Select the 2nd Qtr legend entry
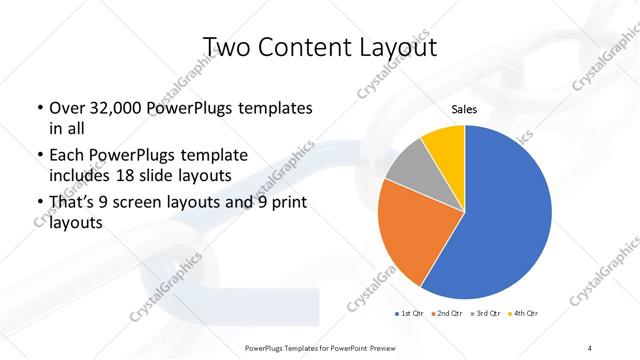pyautogui.click(x=446, y=314)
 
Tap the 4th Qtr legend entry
pyautogui.click(x=524, y=314)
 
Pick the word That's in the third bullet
pyautogui.click(x=74, y=204)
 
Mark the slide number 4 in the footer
pyautogui.click(x=590, y=346)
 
